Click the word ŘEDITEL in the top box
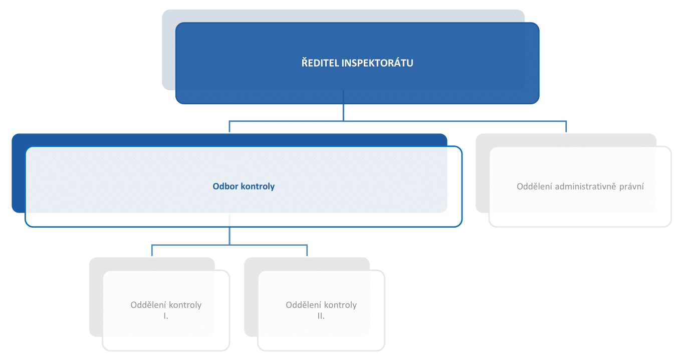(320, 63)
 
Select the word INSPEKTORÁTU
(377, 63)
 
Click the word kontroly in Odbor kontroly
(258, 187)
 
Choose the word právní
(631, 187)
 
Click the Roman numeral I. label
(166, 316)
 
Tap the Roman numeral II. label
(321, 316)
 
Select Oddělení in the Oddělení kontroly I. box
(148, 305)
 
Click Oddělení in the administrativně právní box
(535, 186)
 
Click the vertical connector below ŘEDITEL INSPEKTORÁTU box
(343, 105)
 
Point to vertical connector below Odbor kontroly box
(230, 230)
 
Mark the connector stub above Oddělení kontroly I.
(152, 250)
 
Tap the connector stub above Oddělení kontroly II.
(307, 250)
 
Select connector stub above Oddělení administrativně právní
(566, 126)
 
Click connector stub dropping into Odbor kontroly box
(230, 126)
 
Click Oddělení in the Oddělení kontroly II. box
(303, 305)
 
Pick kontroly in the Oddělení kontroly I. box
(185, 305)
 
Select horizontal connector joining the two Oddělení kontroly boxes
(230, 245)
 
